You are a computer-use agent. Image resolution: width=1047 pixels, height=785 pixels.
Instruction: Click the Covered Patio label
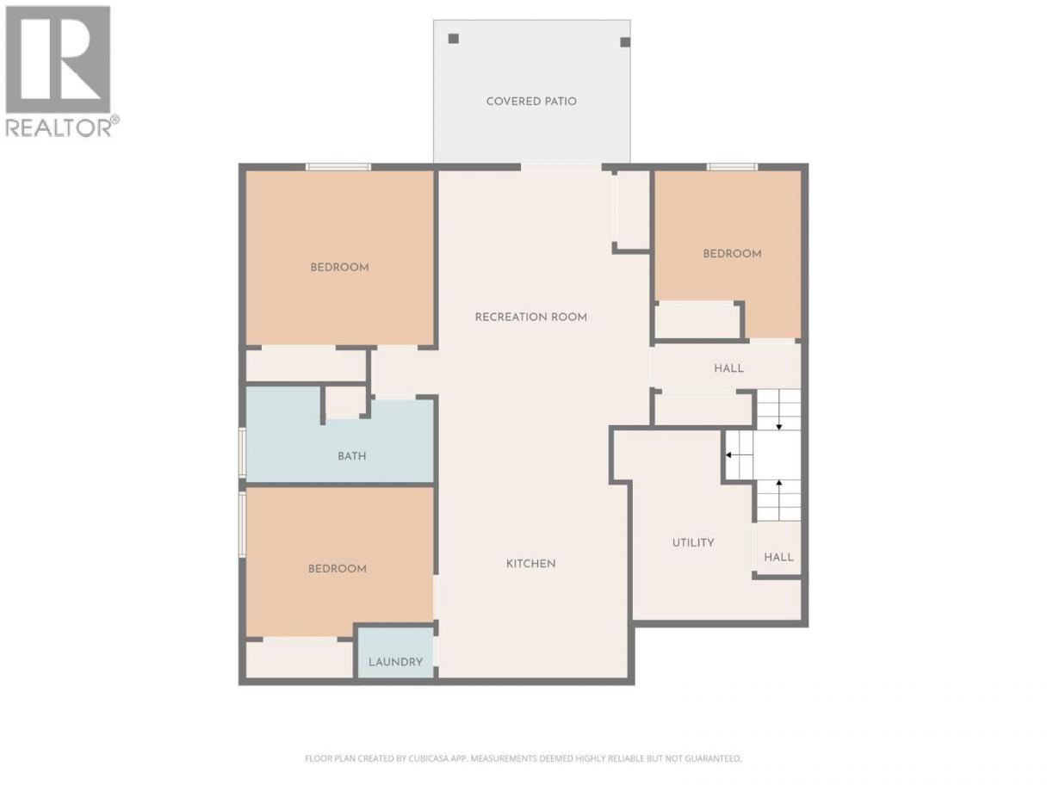[531, 102]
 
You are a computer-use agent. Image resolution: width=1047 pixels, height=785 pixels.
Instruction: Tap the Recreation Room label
[531, 317]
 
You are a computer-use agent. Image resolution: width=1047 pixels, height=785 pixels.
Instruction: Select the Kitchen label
[531, 564]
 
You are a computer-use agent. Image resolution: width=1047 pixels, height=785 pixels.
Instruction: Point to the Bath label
[352, 456]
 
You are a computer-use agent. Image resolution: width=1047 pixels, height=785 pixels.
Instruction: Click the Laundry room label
[395, 662]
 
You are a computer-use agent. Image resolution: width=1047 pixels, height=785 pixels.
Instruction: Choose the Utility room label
[693, 542]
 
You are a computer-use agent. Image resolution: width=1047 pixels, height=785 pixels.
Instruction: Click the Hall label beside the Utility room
[779, 557]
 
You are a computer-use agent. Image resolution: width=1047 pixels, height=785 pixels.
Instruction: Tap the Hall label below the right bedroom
[728, 368]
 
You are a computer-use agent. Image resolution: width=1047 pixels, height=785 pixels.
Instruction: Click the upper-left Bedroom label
[339, 268]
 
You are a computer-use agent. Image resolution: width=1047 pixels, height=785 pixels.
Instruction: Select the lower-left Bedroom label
[338, 569]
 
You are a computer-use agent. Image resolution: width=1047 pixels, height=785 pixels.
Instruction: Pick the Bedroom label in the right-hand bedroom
[732, 254]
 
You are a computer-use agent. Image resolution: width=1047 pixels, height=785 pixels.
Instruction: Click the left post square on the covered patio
[454, 39]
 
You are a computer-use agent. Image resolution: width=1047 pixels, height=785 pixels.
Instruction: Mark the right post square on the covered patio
[625, 42]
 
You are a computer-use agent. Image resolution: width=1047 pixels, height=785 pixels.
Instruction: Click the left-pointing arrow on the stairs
[740, 455]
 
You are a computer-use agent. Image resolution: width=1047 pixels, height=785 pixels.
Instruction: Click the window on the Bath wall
[242, 452]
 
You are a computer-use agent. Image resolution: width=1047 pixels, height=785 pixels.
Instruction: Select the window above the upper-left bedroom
[338, 167]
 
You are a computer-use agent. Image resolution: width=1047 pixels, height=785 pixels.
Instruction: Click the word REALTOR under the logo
[59, 128]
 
